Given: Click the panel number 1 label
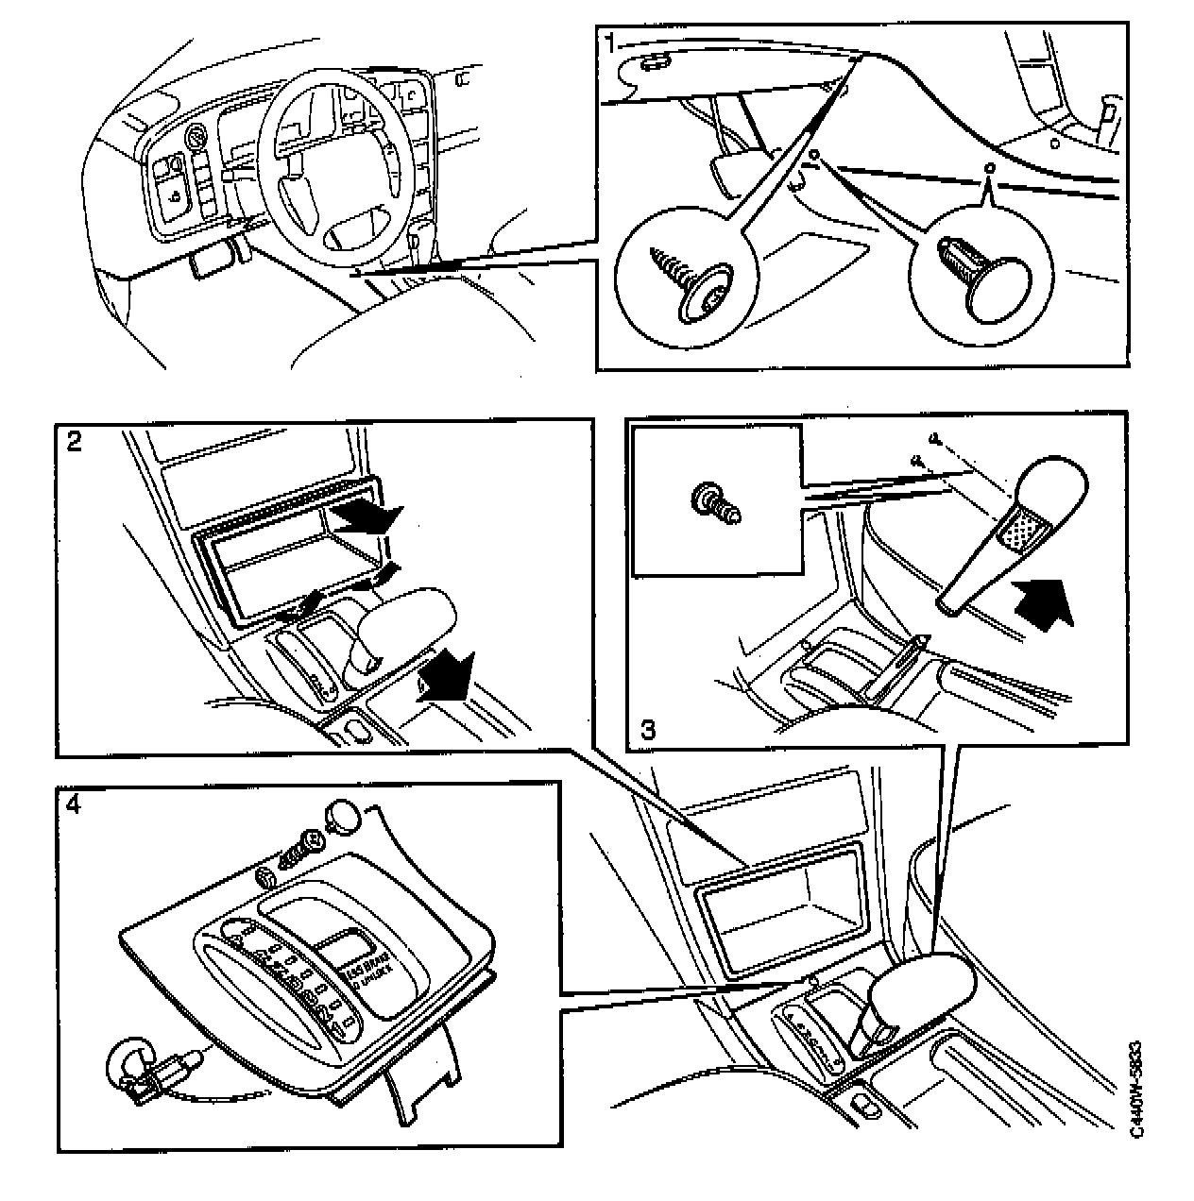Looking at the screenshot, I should pos(612,42).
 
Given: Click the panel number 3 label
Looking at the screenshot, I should pos(649,729).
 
